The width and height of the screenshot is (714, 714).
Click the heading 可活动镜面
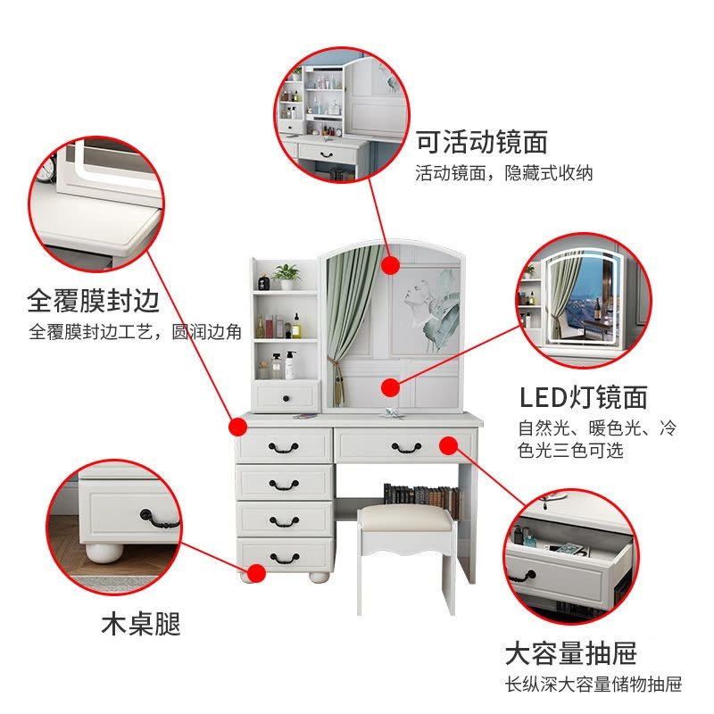coord(482,142)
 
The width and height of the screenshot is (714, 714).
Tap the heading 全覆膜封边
coord(94,301)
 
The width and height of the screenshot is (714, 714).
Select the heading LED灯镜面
coord(584,397)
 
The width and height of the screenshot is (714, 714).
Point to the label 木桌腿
coord(141,623)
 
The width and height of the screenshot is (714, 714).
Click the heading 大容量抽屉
coord(570,653)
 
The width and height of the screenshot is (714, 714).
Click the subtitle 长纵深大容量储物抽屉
coord(594,685)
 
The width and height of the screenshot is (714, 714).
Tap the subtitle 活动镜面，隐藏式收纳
coord(504,173)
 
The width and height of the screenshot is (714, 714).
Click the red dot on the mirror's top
coord(390,265)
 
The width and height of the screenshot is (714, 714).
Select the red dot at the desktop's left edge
coord(237,428)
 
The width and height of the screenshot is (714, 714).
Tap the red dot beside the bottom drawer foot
coord(256,573)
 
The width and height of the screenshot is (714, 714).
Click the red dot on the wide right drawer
coord(449,445)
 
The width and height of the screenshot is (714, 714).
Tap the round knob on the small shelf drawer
coord(286,399)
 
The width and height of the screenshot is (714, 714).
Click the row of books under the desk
coord(421,495)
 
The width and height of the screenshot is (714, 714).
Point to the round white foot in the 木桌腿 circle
coord(104,552)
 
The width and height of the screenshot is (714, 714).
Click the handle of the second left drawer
coord(284,484)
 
